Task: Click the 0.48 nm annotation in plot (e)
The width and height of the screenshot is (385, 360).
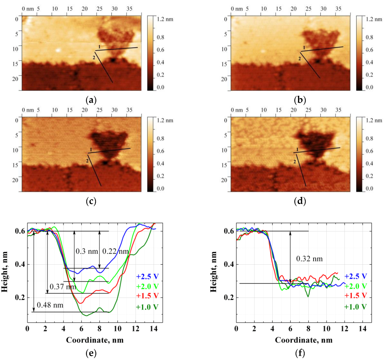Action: [50, 305]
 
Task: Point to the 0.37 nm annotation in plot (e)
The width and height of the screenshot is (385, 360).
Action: [62, 286]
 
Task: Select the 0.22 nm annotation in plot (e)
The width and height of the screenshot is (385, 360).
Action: [115, 251]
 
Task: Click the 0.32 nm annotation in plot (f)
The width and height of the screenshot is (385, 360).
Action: [309, 259]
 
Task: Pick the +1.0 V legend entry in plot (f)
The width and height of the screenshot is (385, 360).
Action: [355, 307]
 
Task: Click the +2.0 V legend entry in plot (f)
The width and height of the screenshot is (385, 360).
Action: [355, 286]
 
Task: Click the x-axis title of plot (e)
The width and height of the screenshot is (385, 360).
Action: [95, 340]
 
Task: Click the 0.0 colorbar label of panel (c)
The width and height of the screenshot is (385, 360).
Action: [160, 189]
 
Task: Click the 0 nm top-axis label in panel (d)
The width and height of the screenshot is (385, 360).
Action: [237, 110]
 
